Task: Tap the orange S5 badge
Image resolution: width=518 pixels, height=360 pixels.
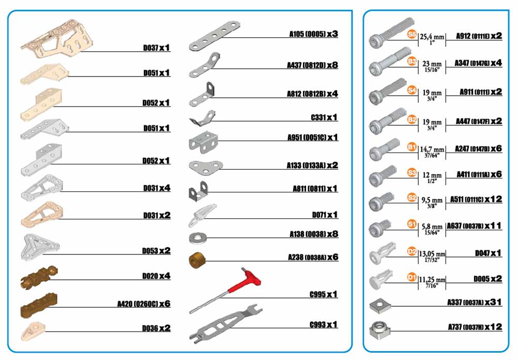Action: click(412, 34)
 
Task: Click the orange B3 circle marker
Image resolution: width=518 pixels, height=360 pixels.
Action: click(412, 61)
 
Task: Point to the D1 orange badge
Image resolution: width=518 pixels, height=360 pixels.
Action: click(412, 276)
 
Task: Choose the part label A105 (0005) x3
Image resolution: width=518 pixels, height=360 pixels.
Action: click(313, 34)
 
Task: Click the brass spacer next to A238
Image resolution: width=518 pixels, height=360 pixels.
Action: click(197, 261)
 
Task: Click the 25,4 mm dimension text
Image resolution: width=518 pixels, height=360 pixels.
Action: click(432, 36)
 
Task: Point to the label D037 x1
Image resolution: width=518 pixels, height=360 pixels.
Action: click(157, 48)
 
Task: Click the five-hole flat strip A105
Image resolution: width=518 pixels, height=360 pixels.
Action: click(215, 36)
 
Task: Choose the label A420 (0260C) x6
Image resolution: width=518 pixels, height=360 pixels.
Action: click(144, 304)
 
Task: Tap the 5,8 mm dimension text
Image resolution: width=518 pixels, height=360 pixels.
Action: click(432, 227)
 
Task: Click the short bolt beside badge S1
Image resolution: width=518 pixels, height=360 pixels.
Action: click(379, 228)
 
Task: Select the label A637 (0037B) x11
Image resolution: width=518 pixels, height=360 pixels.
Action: click(474, 226)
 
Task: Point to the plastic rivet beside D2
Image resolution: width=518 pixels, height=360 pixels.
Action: click(382, 253)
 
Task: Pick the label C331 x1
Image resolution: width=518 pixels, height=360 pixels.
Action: click(324, 117)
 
